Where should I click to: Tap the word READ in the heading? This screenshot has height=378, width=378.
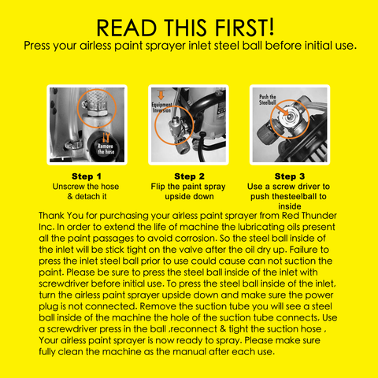click(x=127, y=28)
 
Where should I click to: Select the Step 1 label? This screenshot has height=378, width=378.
click(x=87, y=176)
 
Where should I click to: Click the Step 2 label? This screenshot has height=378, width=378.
click(x=189, y=176)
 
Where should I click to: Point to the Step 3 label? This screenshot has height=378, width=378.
click(x=290, y=176)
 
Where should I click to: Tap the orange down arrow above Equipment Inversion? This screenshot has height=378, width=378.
click(x=161, y=95)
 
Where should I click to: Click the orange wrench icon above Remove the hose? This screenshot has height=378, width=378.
click(x=106, y=138)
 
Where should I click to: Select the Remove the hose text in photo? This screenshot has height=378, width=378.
click(x=106, y=149)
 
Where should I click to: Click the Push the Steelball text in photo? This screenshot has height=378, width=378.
click(x=268, y=100)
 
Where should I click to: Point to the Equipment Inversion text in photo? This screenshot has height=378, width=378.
click(x=161, y=107)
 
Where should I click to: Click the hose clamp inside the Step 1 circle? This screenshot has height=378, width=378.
click(x=95, y=106)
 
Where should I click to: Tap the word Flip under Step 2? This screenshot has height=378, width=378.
click(x=157, y=187)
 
